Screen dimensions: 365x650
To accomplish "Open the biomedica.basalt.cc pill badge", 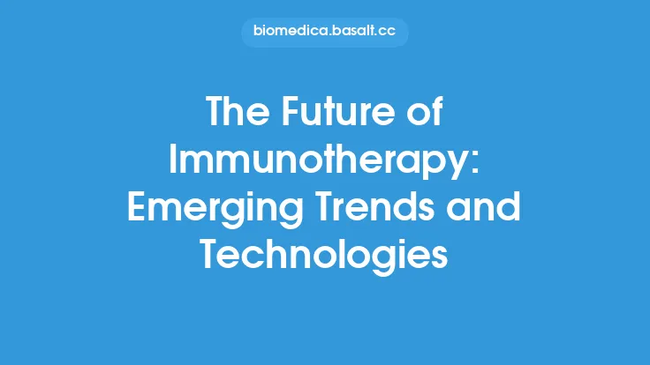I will [325, 33].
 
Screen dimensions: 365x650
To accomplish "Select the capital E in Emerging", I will [138, 209].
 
